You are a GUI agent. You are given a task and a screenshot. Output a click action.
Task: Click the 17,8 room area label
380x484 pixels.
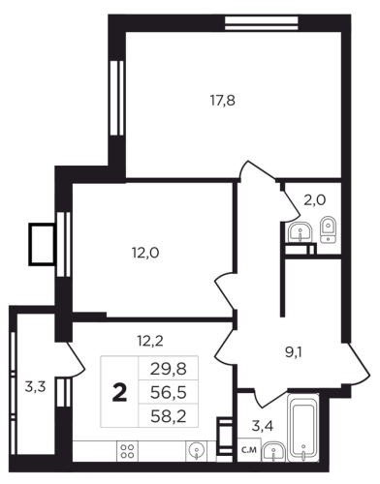pos(223,101)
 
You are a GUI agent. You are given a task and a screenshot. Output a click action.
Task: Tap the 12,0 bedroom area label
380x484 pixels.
pos(145,253)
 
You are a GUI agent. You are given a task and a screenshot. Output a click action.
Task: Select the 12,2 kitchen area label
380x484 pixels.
pos(149,341)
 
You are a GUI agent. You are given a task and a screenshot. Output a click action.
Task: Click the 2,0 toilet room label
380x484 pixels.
pos(314,200)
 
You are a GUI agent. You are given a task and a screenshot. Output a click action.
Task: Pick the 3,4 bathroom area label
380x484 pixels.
pos(263,426)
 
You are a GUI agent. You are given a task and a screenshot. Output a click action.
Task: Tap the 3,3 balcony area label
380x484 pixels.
pos(35,386)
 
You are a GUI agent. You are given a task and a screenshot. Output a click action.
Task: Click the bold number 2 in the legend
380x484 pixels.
pos(119,393)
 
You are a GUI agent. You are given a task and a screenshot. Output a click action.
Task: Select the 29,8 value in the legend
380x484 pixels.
pos(169,369)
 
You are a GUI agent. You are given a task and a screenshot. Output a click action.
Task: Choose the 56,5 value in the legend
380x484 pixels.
pos(169,392)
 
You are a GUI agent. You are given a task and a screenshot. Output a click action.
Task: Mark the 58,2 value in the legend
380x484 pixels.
pos(169,416)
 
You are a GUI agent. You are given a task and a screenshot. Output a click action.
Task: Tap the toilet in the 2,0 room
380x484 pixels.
pos(329,229)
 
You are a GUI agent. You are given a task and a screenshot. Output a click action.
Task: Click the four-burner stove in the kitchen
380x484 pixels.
pos(127,451)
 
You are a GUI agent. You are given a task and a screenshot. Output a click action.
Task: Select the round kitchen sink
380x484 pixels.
pos(197,449)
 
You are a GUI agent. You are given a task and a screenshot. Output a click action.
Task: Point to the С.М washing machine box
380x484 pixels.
pos(249,449)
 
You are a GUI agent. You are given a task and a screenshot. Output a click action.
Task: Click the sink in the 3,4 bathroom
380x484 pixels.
pos(274,451)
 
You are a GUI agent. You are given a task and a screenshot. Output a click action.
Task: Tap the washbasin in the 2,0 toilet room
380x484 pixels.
pos(300,231)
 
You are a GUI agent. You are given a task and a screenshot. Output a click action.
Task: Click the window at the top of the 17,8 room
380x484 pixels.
pos(261,23)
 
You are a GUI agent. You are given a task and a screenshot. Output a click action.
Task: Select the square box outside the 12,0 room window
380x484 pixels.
pos(42,244)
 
